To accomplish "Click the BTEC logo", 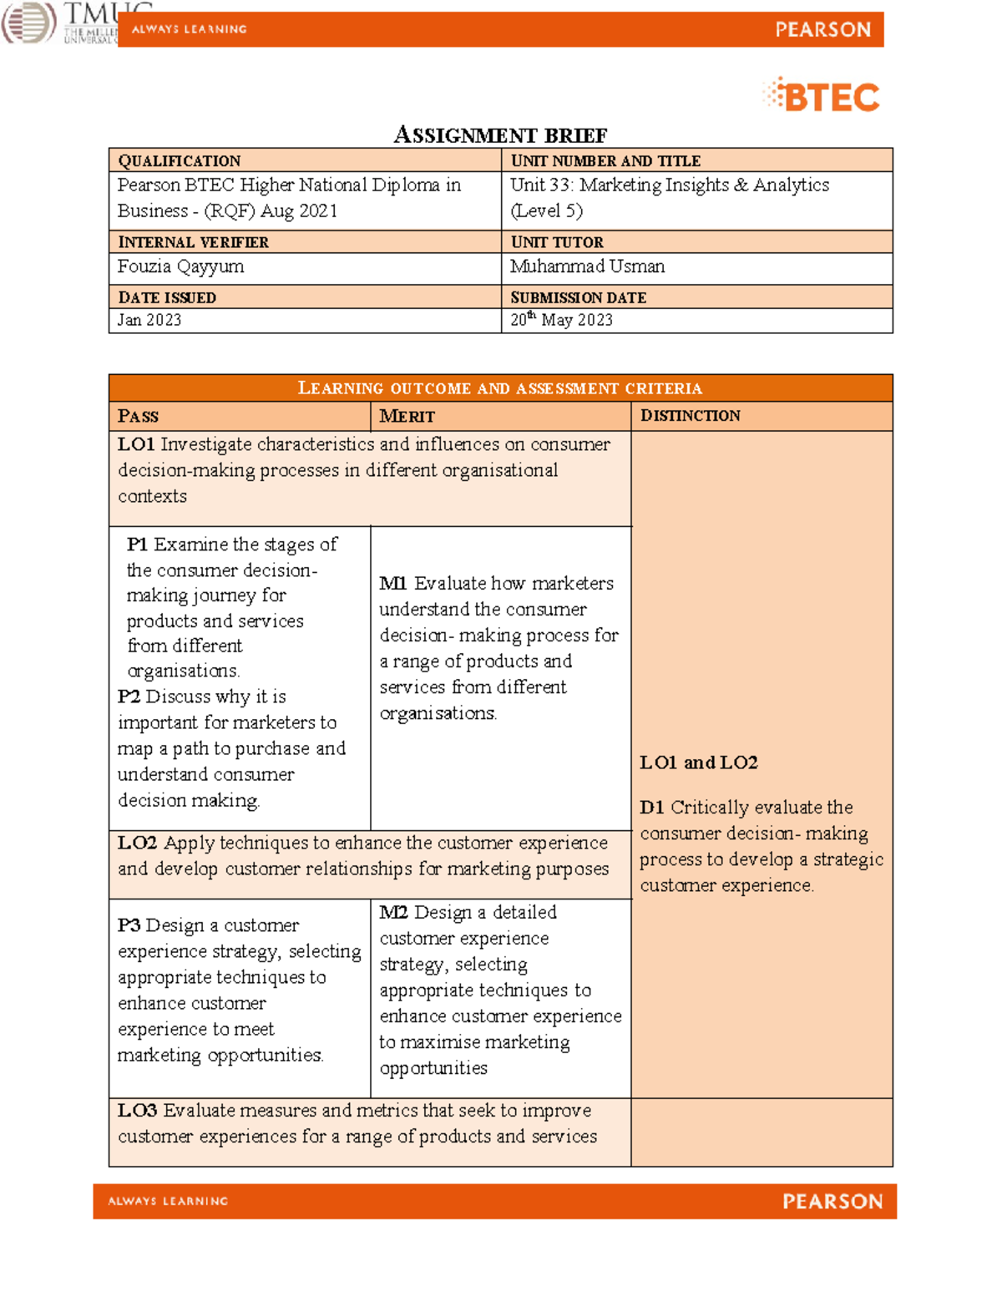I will (822, 96).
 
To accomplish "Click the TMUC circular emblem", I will (28, 23).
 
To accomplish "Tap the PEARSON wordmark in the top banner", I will (822, 30).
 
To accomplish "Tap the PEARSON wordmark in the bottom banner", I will (832, 1201).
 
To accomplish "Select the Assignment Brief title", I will (500, 135).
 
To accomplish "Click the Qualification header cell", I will (180, 160).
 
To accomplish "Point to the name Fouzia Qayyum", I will (180, 266).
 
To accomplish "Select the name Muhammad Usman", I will (587, 266).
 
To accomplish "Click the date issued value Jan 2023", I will (149, 320).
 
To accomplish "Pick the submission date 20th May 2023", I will (561, 320).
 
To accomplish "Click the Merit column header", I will (407, 416).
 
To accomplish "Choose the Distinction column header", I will (690, 416).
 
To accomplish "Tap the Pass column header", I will (138, 416).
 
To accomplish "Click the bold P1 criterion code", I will (137, 545).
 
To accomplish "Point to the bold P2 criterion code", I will (129, 697).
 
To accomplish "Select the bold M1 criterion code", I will (392, 584).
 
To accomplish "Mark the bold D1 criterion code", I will (651, 808).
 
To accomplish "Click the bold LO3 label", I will (137, 1111).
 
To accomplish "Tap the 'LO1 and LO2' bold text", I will (698, 762).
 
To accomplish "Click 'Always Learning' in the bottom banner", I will (168, 1201).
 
